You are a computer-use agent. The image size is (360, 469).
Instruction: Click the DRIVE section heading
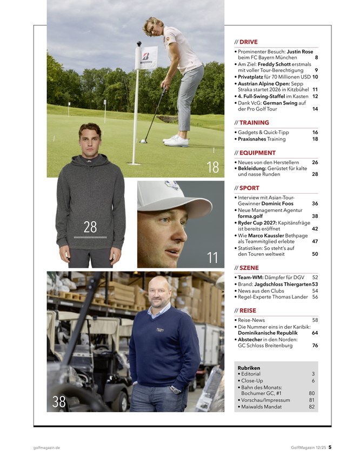tap(249, 42)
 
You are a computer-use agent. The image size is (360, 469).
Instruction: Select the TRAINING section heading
tap(254, 123)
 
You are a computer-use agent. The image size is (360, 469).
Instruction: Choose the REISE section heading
tap(248, 311)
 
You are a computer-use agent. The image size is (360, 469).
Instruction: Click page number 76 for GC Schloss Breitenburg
tap(315, 346)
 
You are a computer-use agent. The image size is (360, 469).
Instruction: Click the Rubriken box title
tap(249, 368)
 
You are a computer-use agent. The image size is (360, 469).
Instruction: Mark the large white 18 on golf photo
tap(212, 168)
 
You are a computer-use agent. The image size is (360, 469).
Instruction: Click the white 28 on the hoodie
tap(90, 227)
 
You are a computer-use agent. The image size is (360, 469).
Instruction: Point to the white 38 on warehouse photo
tap(59, 402)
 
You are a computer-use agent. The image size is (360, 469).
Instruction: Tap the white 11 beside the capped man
tap(212, 258)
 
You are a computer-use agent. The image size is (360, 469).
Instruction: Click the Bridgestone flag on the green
tap(146, 56)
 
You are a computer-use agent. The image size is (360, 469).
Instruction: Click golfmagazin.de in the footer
tap(46, 447)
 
